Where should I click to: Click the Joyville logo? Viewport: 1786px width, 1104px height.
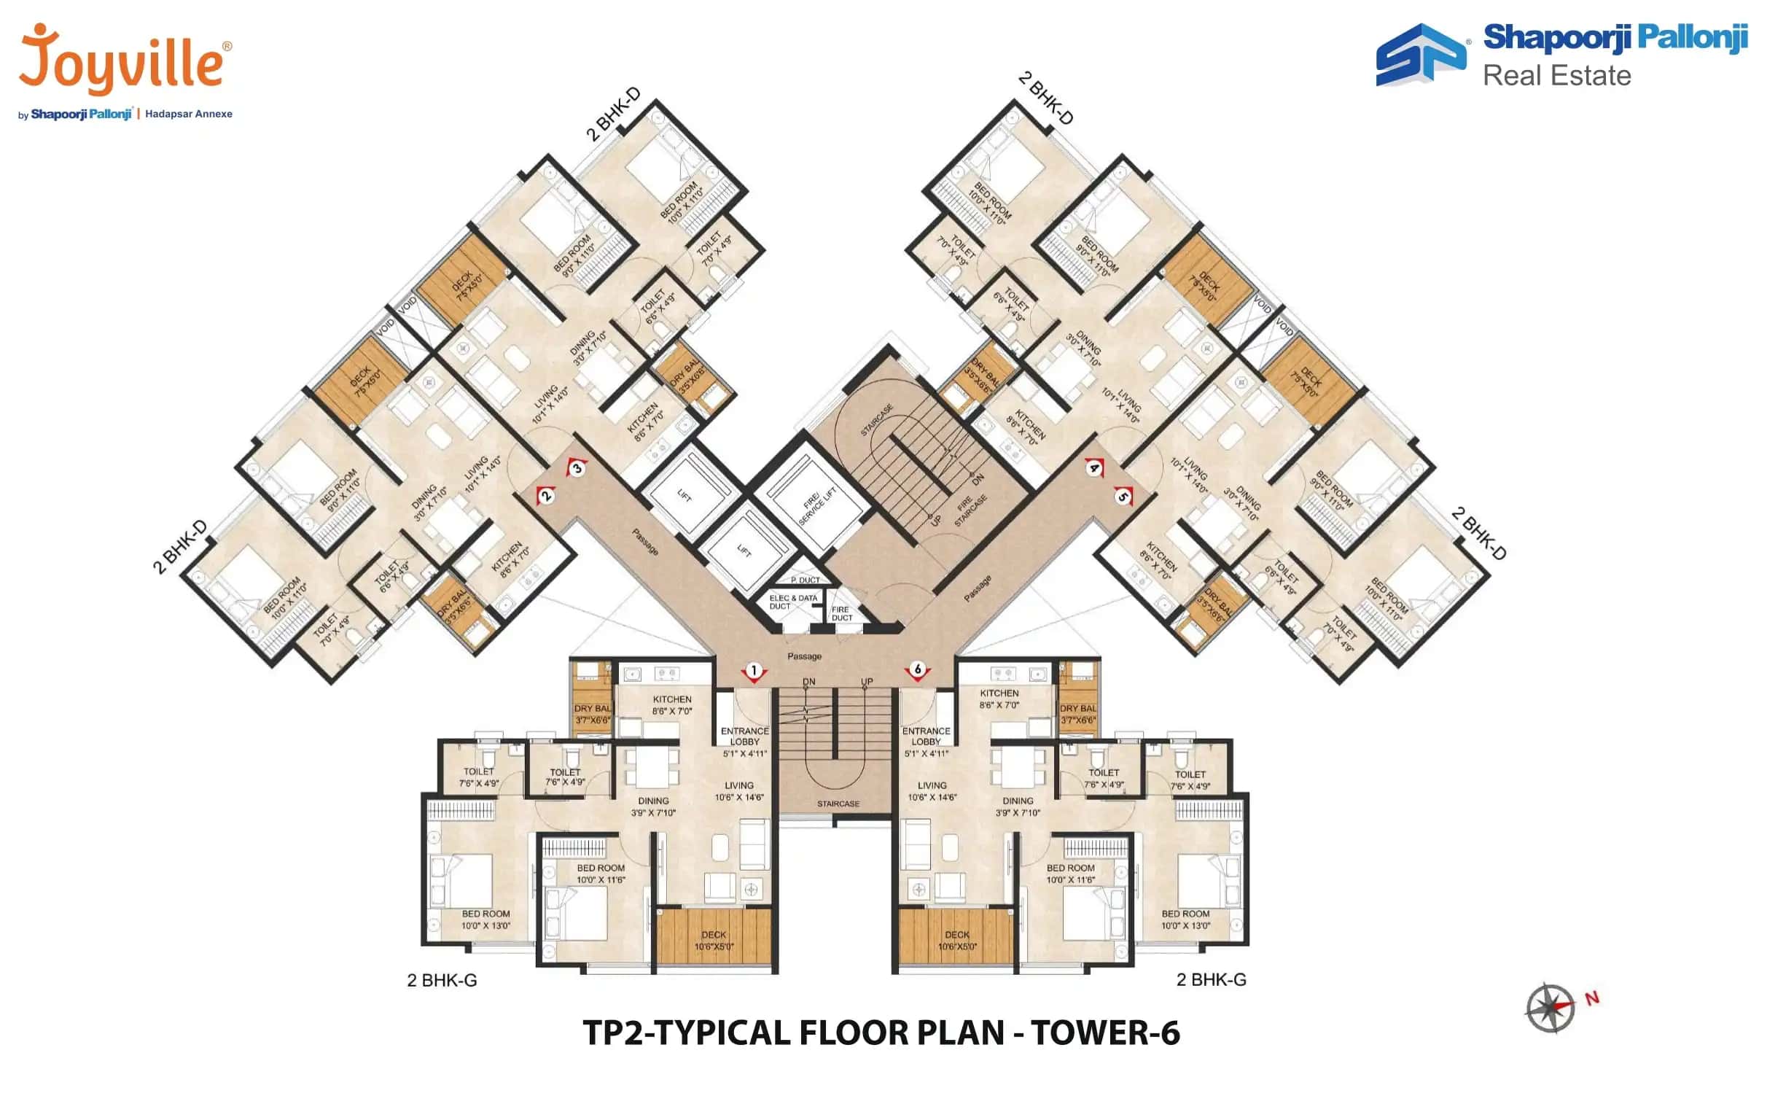(x=120, y=62)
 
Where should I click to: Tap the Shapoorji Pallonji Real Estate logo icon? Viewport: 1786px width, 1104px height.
(x=1419, y=55)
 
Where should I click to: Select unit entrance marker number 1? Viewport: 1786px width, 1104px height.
(x=754, y=670)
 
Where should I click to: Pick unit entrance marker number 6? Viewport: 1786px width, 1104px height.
(x=918, y=669)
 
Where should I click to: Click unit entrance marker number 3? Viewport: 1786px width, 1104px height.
(x=577, y=468)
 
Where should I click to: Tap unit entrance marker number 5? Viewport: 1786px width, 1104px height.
(x=1123, y=497)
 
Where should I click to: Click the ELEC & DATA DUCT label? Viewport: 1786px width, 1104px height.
(x=792, y=602)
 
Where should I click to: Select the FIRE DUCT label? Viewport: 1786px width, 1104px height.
(x=841, y=613)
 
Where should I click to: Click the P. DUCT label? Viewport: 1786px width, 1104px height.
(x=805, y=580)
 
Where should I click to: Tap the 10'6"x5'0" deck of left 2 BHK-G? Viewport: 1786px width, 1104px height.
(x=714, y=941)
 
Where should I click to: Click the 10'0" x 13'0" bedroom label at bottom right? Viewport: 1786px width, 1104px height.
(x=1185, y=920)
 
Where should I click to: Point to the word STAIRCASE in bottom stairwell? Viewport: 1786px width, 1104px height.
(x=838, y=804)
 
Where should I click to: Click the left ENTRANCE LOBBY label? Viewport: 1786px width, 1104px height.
(x=744, y=736)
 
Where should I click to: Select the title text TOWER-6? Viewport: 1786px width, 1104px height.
(x=1105, y=1033)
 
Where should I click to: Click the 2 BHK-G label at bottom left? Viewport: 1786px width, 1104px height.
(x=442, y=981)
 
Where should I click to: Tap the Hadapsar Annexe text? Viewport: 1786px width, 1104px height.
(x=188, y=114)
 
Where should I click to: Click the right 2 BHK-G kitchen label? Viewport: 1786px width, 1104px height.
(x=999, y=699)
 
